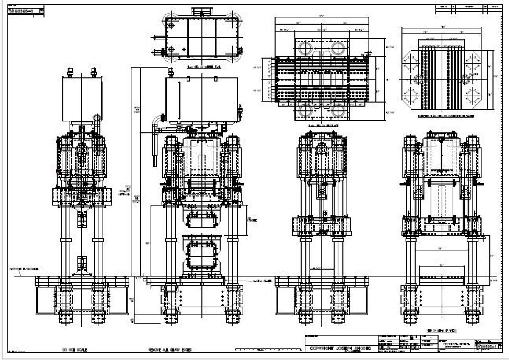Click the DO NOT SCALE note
[x=75, y=349]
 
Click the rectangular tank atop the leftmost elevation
[x=82, y=99]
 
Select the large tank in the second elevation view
[x=201, y=99]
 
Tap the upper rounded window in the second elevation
[x=201, y=220]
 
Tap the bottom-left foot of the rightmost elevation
[x=411, y=317]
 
